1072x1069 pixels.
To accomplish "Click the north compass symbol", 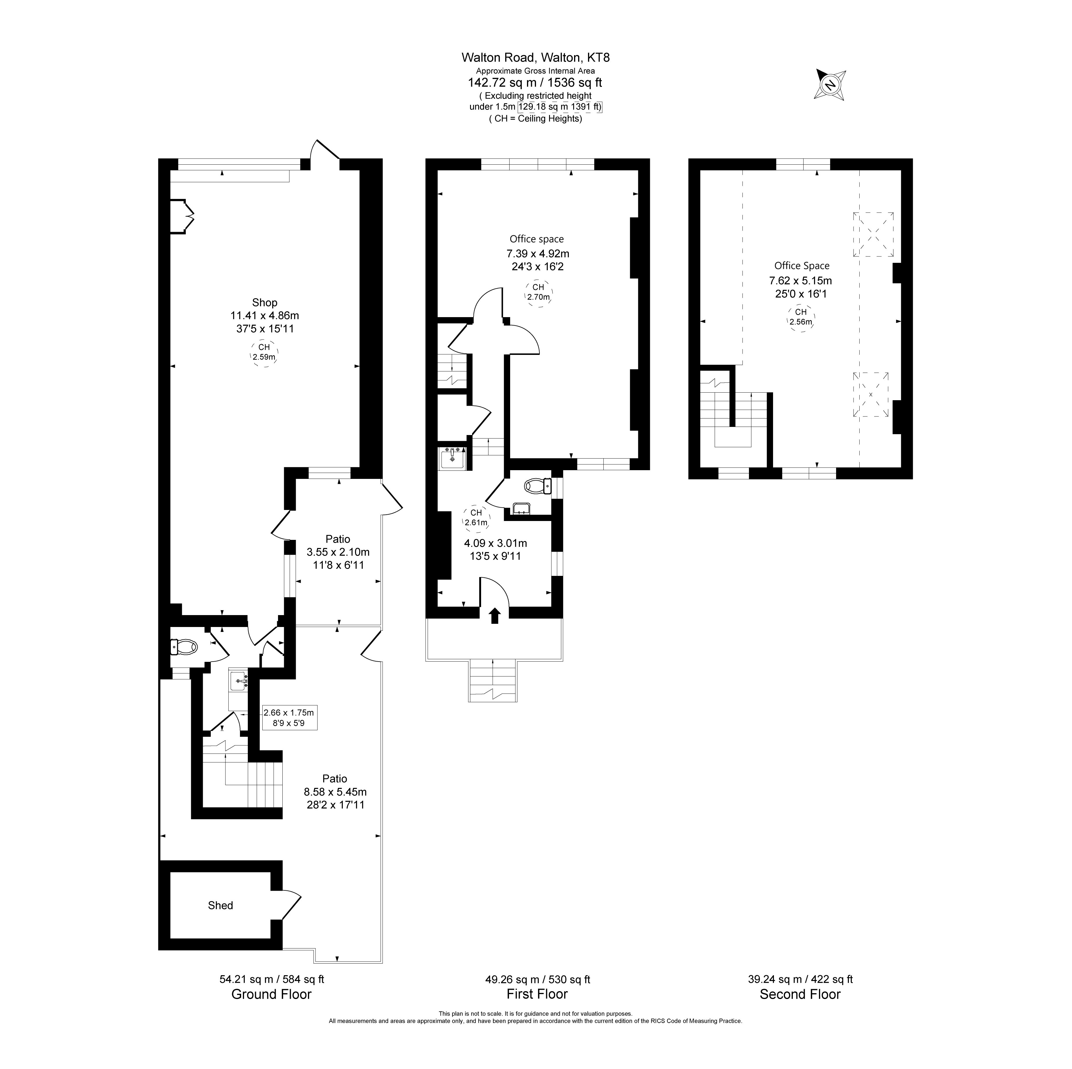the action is click(x=829, y=85).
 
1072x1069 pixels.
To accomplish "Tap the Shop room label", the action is click(x=265, y=302).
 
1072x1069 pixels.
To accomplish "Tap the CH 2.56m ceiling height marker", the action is click(x=801, y=317).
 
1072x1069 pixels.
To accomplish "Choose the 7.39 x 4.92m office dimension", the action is click(x=538, y=254).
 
